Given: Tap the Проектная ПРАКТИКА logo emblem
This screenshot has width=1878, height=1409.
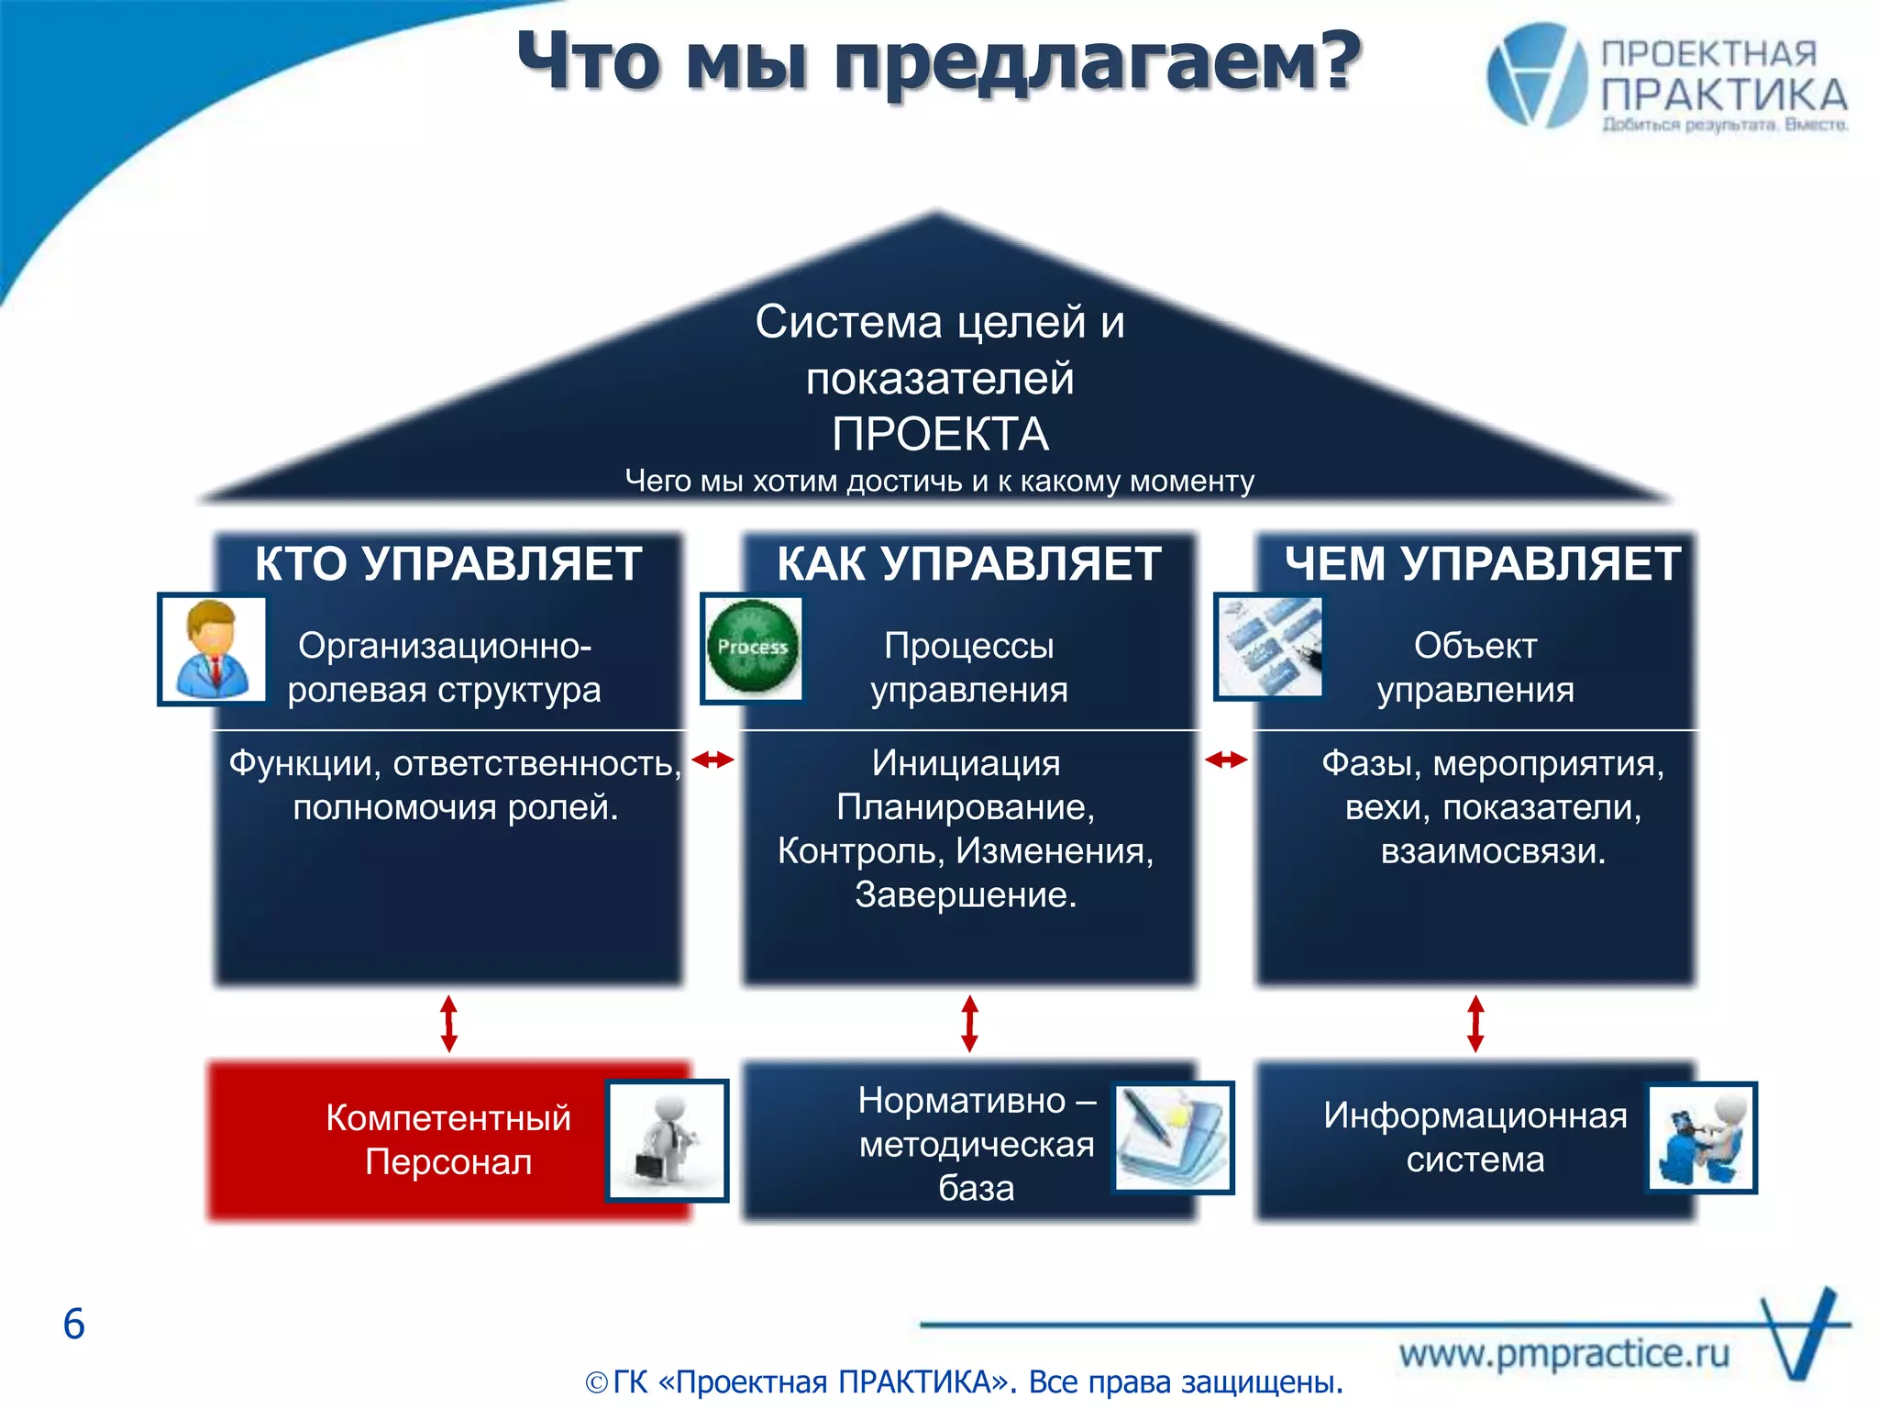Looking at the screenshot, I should click(1537, 75).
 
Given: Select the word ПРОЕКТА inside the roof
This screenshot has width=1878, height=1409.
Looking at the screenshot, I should click(940, 433).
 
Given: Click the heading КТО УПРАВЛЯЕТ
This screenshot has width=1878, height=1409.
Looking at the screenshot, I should click(447, 562).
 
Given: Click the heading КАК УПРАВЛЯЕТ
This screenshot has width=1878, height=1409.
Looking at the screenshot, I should click(968, 562).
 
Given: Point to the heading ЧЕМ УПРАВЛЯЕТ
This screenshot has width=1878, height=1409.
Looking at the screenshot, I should click(1482, 562).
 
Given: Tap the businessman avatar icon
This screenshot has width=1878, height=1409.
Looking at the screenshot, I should click(213, 649).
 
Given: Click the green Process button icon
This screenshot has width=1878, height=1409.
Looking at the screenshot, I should click(753, 648).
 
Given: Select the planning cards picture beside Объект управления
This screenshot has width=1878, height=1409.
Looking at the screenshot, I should click(1270, 646).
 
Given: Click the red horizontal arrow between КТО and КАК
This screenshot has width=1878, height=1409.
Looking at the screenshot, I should click(713, 759).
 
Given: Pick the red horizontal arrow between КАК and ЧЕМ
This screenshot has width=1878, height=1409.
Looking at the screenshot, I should click(1226, 759).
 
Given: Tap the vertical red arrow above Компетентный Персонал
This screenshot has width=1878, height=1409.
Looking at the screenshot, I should click(448, 1023).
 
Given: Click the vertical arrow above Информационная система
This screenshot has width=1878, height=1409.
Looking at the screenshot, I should click(1475, 1023).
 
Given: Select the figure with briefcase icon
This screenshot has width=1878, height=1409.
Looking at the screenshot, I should click(667, 1140).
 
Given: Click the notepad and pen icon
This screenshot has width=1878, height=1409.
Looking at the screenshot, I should click(1172, 1137).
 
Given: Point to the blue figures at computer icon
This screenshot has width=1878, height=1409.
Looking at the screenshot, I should click(1702, 1137).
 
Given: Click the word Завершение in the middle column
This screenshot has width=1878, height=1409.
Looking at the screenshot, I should click(965, 894).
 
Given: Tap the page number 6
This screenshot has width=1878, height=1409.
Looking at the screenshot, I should click(73, 1324).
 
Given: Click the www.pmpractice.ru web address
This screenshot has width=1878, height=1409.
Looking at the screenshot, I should click(1563, 1353).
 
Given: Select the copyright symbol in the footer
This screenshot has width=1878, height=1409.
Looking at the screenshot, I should click(597, 1382).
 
